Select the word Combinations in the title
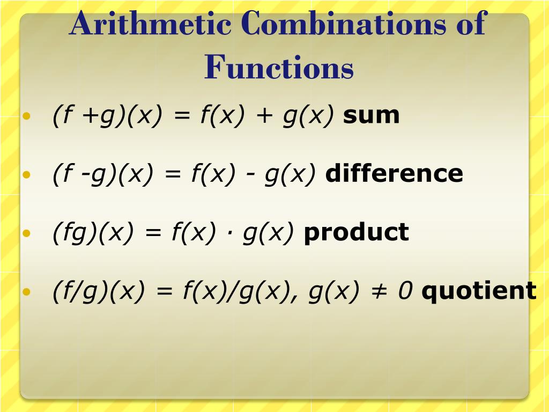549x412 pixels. tap(343, 24)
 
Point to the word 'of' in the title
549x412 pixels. tap(470, 24)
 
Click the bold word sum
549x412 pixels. tap(372, 115)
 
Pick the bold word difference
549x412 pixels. tap(394, 174)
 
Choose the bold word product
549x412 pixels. tap(356, 232)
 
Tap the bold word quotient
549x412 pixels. tap(479, 291)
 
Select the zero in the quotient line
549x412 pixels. tap(405, 291)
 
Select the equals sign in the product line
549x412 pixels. tap(152, 233)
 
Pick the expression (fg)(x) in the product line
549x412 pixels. tap(93, 233)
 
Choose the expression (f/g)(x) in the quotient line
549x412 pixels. tap(99, 291)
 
